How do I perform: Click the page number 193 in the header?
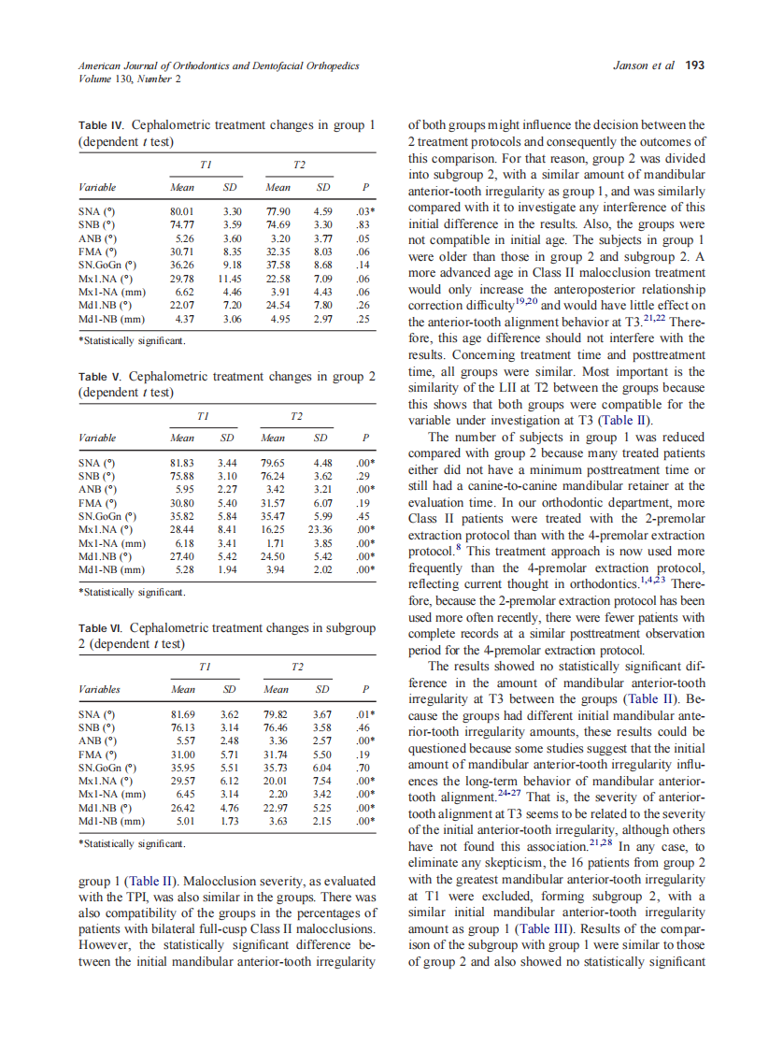click(694, 65)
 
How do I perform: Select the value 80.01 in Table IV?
click(181, 212)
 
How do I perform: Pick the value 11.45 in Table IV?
click(229, 277)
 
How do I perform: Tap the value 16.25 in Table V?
click(273, 528)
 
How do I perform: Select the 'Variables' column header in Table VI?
click(101, 691)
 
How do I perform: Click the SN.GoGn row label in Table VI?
click(106, 767)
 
